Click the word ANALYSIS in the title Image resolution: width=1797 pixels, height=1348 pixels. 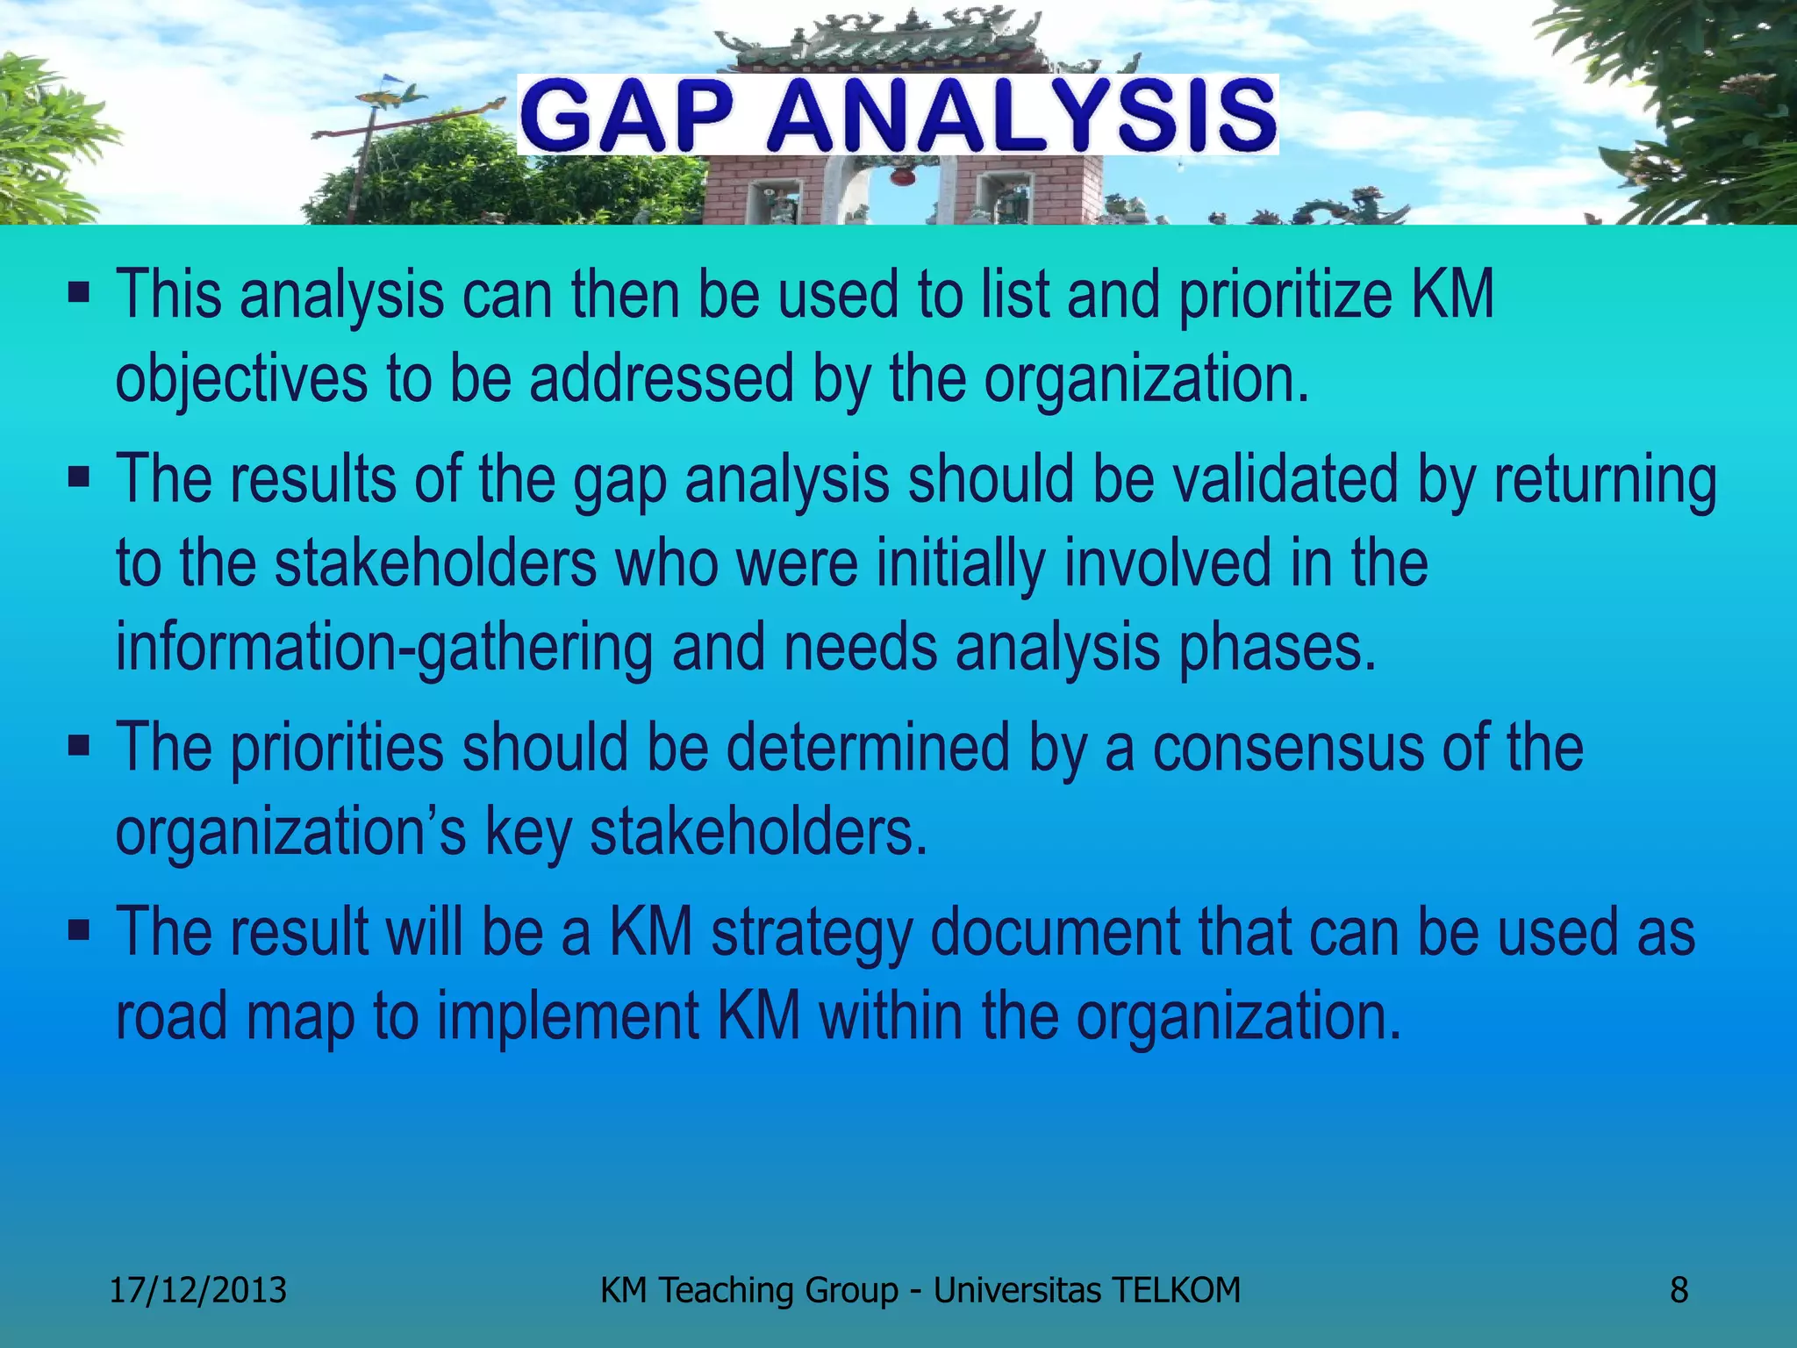[1020, 117]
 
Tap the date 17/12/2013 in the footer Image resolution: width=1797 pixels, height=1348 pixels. [197, 1290]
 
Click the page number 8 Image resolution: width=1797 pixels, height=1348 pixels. [1678, 1290]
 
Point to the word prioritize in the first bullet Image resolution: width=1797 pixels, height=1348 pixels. [1285, 296]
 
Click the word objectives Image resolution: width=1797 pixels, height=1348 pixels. [241, 380]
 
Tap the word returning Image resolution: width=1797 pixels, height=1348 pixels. [1605, 481]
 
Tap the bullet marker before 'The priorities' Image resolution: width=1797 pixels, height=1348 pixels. [78, 745]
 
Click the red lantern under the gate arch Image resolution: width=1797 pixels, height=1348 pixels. [900, 177]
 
